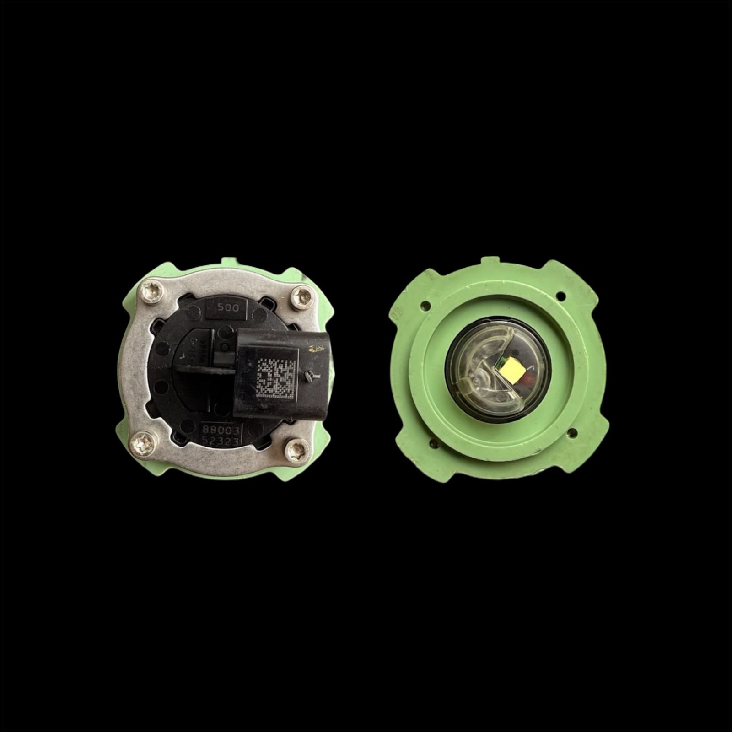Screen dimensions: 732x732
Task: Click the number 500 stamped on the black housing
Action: pyautogui.click(x=227, y=308)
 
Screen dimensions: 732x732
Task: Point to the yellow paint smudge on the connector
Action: pyautogui.click(x=315, y=350)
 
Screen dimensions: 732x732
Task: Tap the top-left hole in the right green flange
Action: pyautogui.click(x=426, y=304)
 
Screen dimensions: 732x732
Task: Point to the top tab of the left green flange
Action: pyautogui.click(x=232, y=262)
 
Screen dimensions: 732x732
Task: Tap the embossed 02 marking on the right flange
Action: pyautogui.click(x=398, y=312)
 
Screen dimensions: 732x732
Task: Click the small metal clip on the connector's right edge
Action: pyautogui.click(x=310, y=376)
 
